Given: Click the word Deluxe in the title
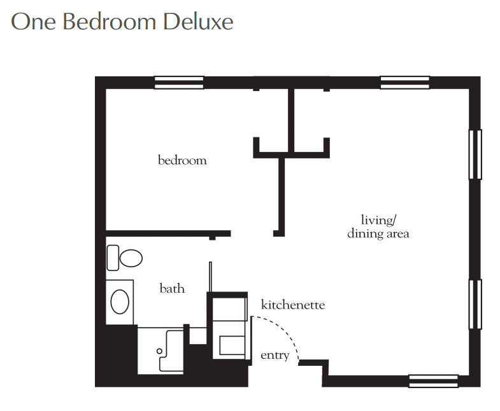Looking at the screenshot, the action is pyautogui.click(x=198, y=22).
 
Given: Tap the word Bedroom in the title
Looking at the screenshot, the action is pyautogui.click(x=110, y=22).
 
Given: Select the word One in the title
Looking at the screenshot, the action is pyautogui.click(x=34, y=22).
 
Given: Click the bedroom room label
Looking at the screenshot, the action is pyautogui.click(x=182, y=160).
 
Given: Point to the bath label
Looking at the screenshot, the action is pyautogui.click(x=172, y=288).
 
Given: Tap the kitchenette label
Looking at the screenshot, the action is pyautogui.click(x=293, y=305).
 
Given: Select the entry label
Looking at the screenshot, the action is pyautogui.click(x=275, y=355).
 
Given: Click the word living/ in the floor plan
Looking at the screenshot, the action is pyautogui.click(x=378, y=220).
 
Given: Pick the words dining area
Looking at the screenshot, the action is pyautogui.click(x=378, y=233).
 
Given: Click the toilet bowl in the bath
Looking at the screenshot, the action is pyautogui.click(x=131, y=258).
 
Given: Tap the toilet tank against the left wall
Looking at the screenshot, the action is pyautogui.click(x=113, y=258).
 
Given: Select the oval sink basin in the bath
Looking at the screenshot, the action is pyautogui.click(x=120, y=302).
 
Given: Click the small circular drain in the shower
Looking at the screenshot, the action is pyautogui.click(x=159, y=351).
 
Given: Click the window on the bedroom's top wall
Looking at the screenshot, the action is pyautogui.click(x=179, y=83).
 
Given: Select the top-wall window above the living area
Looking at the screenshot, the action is pyautogui.click(x=405, y=83).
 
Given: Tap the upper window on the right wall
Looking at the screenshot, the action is pyautogui.click(x=475, y=155).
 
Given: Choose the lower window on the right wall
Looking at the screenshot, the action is pyautogui.click(x=475, y=304).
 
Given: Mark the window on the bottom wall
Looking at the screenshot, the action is pyautogui.click(x=433, y=381).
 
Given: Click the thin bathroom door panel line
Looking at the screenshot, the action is pyautogui.click(x=210, y=277).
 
